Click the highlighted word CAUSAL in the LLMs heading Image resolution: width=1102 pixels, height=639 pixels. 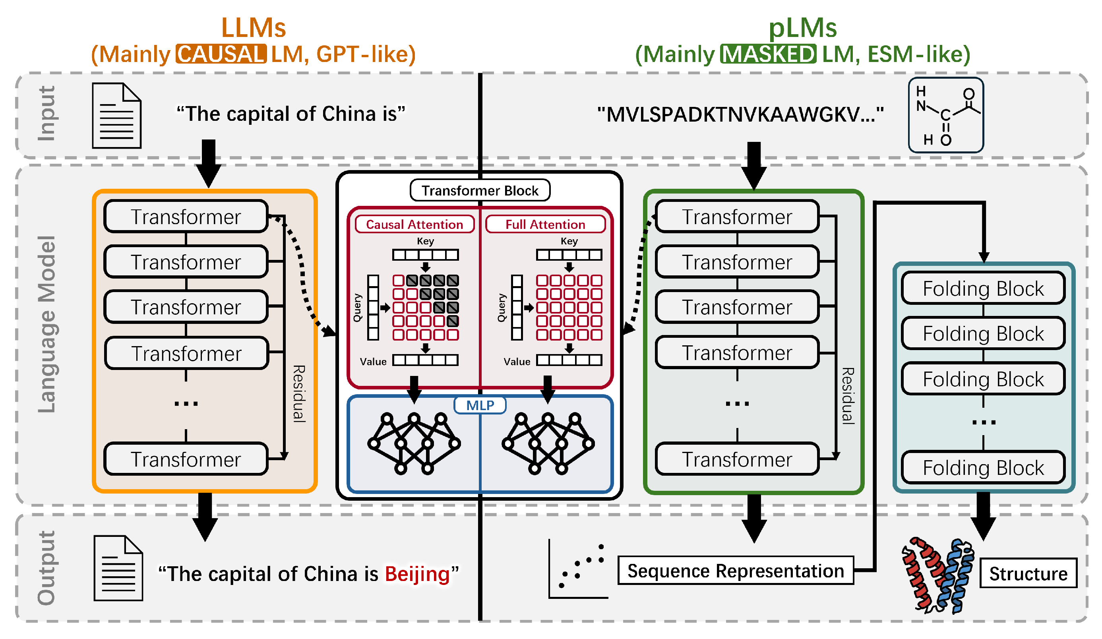221,54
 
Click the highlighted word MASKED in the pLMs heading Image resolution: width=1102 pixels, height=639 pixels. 768,54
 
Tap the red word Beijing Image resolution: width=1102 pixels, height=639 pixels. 417,574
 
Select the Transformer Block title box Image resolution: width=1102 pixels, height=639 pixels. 480,190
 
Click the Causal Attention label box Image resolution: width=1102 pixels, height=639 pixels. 414,225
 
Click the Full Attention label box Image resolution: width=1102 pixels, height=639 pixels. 545,225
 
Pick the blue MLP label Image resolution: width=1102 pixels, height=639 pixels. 480,405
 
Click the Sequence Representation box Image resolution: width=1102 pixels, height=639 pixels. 736,571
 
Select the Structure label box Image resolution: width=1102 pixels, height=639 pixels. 1028,573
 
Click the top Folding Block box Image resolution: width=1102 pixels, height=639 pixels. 983,289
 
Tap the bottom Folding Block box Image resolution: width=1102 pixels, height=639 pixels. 983,468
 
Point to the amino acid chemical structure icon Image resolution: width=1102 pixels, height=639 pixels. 945,115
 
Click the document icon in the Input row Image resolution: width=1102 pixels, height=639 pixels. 116,116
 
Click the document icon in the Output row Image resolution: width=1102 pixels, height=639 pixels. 118,568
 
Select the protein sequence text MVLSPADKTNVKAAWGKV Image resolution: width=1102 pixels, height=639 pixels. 740,114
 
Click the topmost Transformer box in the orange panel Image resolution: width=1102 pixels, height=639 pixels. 186,217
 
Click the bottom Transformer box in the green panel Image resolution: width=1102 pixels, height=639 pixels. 737,459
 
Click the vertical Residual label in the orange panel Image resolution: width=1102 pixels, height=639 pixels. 299,394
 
